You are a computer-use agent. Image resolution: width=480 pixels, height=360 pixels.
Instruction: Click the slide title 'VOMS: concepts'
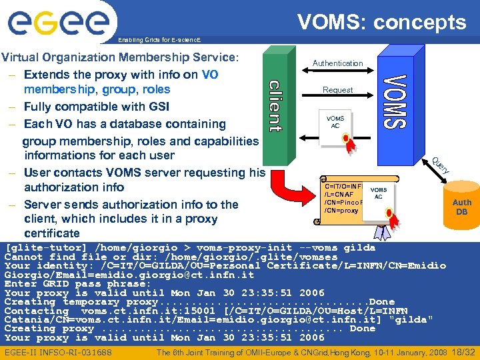coord(381,22)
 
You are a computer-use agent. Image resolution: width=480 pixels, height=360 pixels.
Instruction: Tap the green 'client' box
coord(275,107)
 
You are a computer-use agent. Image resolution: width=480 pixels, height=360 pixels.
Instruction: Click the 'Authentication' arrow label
coord(338,63)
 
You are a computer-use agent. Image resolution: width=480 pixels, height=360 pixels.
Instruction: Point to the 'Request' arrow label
coord(338,89)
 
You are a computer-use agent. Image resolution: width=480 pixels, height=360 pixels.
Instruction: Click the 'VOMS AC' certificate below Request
coord(336,123)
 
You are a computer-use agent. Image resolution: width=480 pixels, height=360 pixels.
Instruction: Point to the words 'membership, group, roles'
coord(97,89)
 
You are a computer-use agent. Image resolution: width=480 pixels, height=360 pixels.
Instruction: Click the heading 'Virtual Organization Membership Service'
coord(120,57)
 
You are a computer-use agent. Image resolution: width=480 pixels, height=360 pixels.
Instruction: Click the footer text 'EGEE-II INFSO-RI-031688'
coord(58,352)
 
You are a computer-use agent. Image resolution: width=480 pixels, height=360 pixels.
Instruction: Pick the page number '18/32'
coord(463,351)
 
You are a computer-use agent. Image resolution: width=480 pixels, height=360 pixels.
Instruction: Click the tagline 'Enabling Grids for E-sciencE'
coord(158,39)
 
